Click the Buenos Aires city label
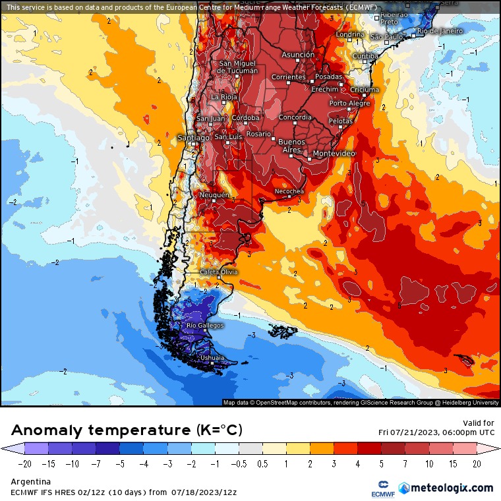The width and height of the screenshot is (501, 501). coord(291,146)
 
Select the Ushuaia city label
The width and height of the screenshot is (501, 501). coord(212,358)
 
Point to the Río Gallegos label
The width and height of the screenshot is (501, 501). coord(205,326)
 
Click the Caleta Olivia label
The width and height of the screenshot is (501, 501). coord(219,272)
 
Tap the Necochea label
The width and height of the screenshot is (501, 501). coord(289,191)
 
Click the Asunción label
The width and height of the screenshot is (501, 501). coord(298,55)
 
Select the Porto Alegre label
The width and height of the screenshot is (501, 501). coord(350,103)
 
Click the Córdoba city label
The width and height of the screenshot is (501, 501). coord(246,118)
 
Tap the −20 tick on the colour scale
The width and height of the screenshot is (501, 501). coord(26,463)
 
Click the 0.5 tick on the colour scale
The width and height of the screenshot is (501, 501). coord(263,463)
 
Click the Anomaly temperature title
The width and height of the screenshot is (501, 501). coord(127,430)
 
